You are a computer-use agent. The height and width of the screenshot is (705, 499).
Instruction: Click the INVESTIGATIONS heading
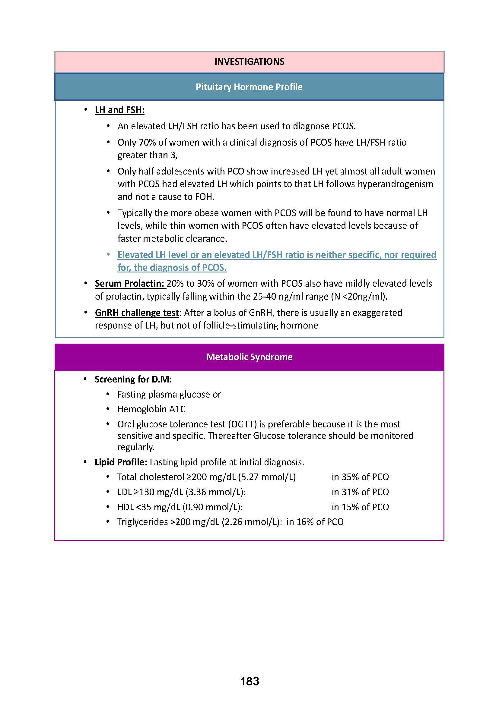point(249,62)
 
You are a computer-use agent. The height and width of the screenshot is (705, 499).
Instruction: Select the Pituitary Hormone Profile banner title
point(249,87)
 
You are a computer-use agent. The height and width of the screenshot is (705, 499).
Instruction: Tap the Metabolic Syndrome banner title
point(249,357)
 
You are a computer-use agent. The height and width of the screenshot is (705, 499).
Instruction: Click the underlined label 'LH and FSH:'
point(119,110)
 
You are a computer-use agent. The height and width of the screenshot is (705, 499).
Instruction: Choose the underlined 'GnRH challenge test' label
point(137,313)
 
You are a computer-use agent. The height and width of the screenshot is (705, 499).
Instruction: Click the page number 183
point(249,681)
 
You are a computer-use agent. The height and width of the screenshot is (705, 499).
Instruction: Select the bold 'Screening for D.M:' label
point(133,379)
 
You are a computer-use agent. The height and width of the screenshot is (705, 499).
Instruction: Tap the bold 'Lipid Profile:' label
point(121,462)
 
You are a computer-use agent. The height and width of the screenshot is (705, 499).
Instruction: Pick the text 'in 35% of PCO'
point(360,477)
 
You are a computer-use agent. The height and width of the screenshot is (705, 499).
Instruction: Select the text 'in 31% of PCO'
point(360,492)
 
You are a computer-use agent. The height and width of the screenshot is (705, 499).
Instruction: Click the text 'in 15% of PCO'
point(360,507)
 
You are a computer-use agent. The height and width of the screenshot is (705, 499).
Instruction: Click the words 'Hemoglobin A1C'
point(151,409)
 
